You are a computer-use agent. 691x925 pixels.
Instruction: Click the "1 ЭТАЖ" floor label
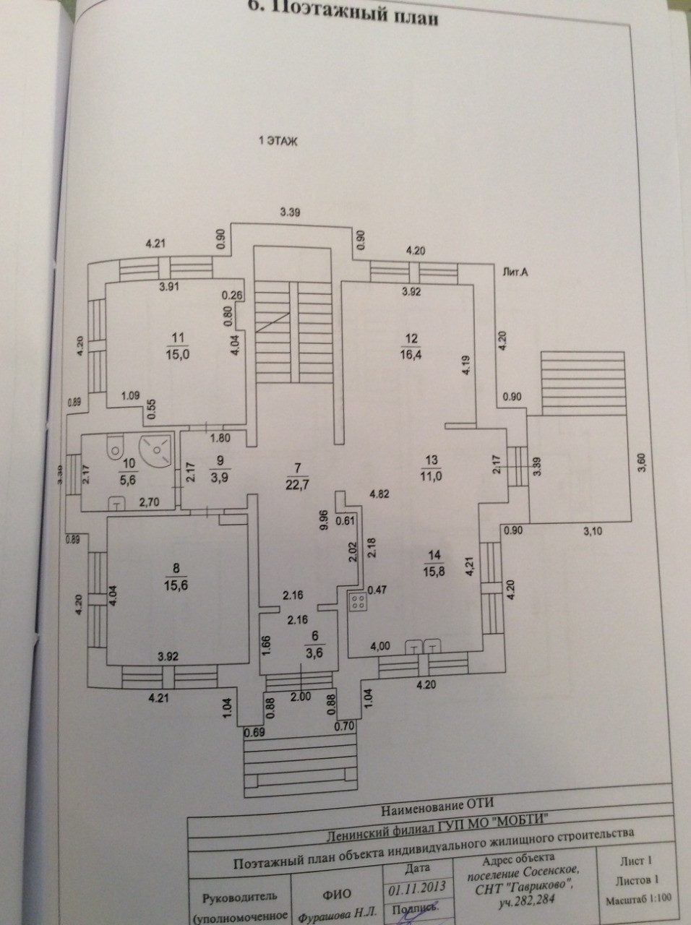point(278,143)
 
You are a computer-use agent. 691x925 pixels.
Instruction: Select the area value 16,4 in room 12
point(413,355)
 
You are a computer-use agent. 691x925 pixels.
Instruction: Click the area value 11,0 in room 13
point(432,475)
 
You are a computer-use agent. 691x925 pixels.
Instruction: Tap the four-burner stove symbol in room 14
point(356,601)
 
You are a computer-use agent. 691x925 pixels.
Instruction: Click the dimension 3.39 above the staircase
point(291,212)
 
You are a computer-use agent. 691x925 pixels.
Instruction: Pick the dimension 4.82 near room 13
point(381,495)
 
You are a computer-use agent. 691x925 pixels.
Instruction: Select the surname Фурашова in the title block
point(325,916)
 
